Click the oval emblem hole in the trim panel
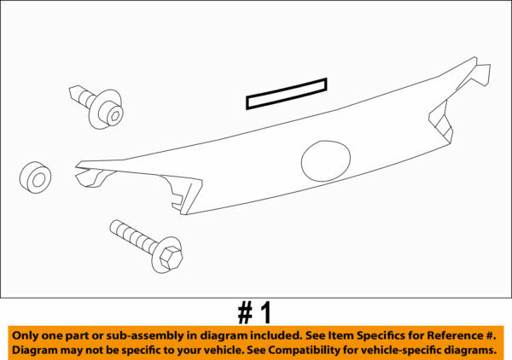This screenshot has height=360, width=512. click(325, 160)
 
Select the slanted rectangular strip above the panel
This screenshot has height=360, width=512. click(287, 94)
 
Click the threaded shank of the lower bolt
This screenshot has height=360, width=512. click(132, 235)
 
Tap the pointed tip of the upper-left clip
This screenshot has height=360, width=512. click(73, 90)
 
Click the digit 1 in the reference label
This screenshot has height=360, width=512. click(265, 312)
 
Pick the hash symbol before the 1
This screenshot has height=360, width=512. click(246, 312)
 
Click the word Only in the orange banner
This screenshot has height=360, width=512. click(28, 335)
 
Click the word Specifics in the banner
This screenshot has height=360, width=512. click(377, 335)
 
